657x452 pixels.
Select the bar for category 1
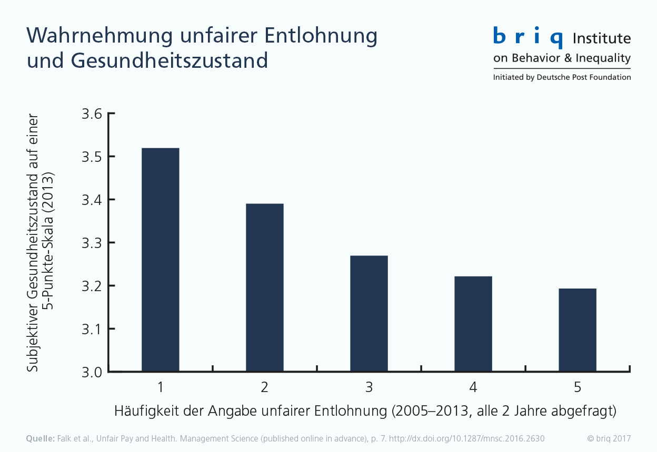(x=161, y=260)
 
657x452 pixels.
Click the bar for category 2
(x=264, y=288)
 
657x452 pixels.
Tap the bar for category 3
(x=369, y=314)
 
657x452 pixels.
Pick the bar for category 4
(x=473, y=324)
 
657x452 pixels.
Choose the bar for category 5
(x=578, y=331)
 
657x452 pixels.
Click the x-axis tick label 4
(x=473, y=388)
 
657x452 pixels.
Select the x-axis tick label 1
(x=160, y=388)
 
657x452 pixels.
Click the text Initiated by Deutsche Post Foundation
(x=562, y=77)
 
